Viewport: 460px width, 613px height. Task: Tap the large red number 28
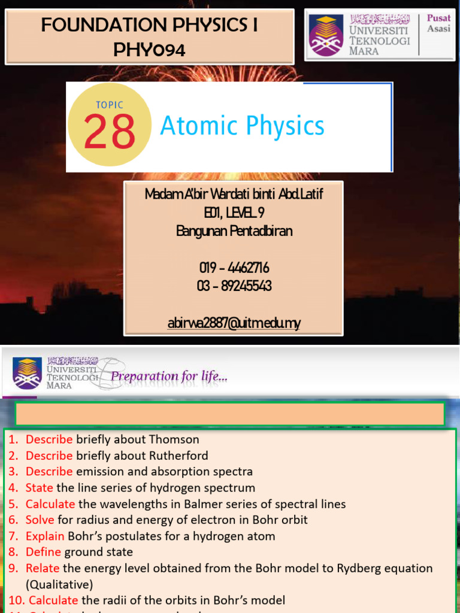click(109, 132)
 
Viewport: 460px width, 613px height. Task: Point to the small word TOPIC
click(110, 105)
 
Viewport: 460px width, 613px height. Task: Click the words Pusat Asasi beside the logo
click(438, 23)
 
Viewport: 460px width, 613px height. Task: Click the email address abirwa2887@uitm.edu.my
click(234, 323)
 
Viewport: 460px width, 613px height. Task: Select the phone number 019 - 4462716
click(234, 268)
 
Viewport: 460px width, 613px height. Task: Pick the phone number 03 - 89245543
click(234, 286)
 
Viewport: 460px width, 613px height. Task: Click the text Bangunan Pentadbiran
click(234, 231)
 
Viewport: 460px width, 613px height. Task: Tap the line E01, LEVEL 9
click(234, 213)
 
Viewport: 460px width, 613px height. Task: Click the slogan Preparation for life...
click(170, 377)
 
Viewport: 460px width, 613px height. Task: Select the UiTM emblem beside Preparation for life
click(27, 373)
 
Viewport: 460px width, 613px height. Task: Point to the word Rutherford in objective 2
click(178, 456)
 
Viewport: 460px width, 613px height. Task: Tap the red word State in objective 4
click(39, 488)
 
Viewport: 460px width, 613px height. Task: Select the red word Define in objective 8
click(43, 552)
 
